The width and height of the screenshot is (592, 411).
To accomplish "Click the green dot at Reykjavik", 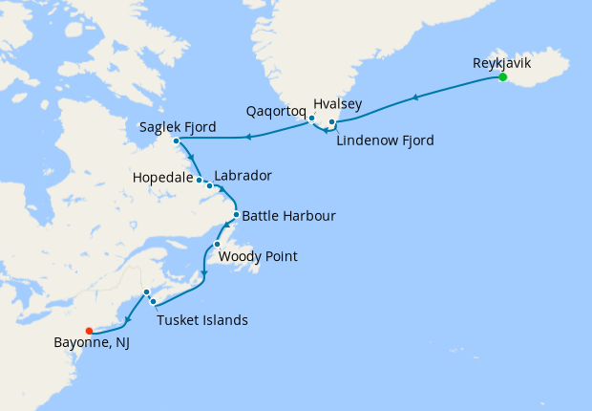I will (x=502, y=77).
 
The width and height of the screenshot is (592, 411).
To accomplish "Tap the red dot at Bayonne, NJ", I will (x=89, y=332).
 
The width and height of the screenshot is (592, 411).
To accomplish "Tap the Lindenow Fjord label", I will (x=386, y=141).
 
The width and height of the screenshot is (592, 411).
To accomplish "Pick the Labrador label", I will (x=243, y=176).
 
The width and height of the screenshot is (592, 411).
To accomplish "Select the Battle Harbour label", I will (x=288, y=216).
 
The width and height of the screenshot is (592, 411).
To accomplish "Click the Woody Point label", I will (x=258, y=256).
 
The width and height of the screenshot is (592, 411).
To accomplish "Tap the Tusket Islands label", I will (x=203, y=319).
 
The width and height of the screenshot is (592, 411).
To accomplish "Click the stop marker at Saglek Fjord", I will (x=177, y=141).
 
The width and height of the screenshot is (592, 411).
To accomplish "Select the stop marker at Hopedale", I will (x=200, y=179).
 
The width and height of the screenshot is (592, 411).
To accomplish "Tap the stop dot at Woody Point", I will (x=217, y=244).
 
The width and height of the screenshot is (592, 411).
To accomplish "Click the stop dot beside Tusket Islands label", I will (x=154, y=302).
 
